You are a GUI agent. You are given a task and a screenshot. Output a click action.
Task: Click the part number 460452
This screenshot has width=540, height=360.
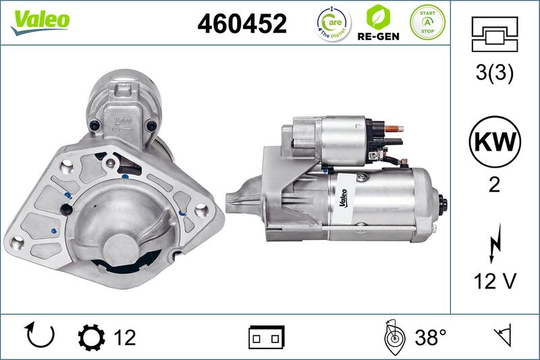point(242,24)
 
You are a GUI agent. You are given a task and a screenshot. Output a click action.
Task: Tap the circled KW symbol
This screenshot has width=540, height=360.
point(494,143)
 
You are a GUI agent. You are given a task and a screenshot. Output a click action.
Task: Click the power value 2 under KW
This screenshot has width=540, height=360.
point(494,185)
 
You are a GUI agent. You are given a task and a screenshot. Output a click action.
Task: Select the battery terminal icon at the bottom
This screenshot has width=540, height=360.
point(267,336)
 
